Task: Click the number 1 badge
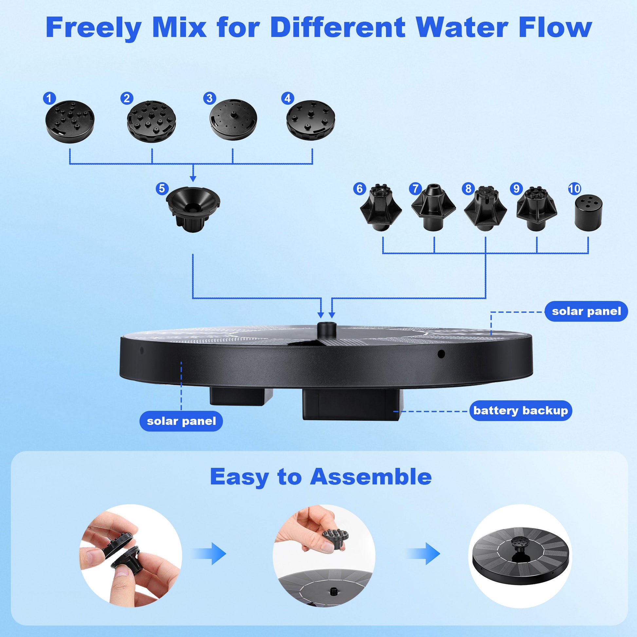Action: [x=49, y=98]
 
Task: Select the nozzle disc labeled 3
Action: [x=233, y=119]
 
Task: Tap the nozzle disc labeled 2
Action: [x=151, y=121]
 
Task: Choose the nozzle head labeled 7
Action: [x=434, y=207]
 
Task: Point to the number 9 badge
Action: [x=516, y=189]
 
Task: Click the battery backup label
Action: [x=520, y=410]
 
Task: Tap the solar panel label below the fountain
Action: [x=181, y=421]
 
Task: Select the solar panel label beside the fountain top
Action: [x=586, y=311]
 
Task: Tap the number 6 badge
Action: [x=359, y=189]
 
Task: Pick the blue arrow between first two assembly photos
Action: [x=210, y=554]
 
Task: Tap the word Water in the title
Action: [x=462, y=28]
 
